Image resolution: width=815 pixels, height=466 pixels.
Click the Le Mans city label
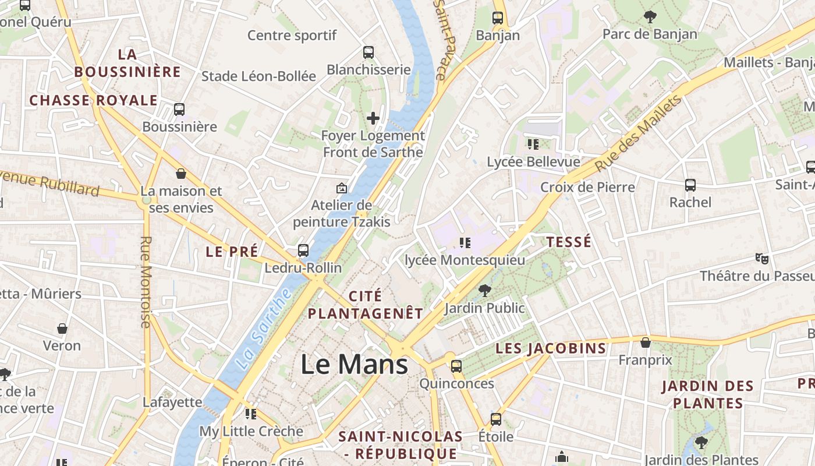[x=354, y=365]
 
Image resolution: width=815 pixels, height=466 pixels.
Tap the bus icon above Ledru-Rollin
[x=303, y=250]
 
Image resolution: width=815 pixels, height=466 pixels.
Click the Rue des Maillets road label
[x=639, y=135]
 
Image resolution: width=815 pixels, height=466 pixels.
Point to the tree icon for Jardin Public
[x=484, y=290]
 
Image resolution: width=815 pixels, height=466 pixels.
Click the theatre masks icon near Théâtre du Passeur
[x=760, y=257]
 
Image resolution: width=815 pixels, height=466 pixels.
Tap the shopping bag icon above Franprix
[x=645, y=343]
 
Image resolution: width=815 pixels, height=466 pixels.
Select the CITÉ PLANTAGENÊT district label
[x=365, y=305]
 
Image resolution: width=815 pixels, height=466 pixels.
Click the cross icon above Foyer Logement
[x=373, y=118]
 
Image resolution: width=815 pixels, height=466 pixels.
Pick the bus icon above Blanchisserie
[x=368, y=52]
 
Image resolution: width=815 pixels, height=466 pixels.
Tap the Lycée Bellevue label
[x=533, y=162]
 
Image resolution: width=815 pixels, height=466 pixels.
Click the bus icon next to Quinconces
[x=456, y=366]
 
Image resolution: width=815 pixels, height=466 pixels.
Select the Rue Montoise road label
[x=146, y=282]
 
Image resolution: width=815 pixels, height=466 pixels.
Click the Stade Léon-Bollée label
[x=258, y=76]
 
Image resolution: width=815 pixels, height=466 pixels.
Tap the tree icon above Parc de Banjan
[x=650, y=17]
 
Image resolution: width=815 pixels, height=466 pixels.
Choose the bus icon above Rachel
[x=690, y=185]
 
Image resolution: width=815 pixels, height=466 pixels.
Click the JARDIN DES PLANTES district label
[x=707, y=394]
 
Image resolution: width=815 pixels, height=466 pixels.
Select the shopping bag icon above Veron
[x=62, y=329]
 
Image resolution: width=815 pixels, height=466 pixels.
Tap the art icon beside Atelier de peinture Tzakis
[x=342, y=188]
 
